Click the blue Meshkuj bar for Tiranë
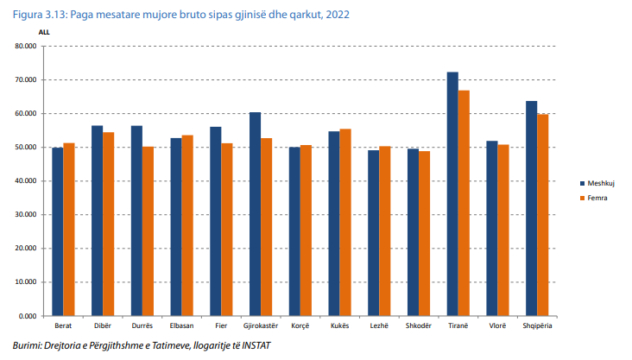(452, 194)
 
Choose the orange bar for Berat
(69, 230)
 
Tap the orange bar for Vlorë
(503, 231)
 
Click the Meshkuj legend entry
(598, 182)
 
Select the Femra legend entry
(596, 200)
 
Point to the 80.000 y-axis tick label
(26, 46)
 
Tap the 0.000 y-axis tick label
(28, 316)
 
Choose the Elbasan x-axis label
(181, 326)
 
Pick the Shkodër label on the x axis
(418, 326)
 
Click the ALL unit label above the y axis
(44, 31)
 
